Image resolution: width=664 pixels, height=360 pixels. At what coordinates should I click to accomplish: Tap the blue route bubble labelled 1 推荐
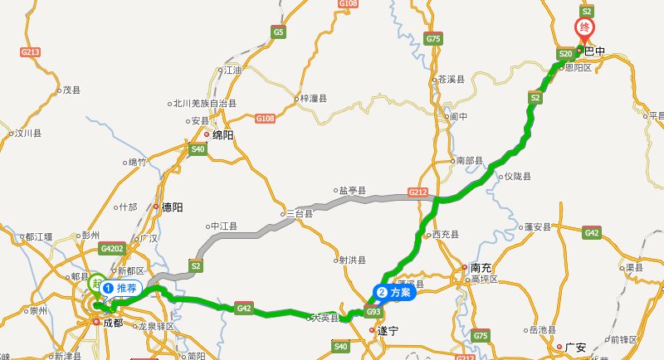coord(121,288)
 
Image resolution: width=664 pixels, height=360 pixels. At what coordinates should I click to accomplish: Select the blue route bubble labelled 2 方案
coord(395,292)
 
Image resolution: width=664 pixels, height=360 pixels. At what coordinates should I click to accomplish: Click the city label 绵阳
coord(223,134)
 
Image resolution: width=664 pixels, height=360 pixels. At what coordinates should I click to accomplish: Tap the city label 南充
coord(481,268)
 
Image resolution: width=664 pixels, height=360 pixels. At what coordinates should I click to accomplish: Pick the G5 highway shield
coord(278,32)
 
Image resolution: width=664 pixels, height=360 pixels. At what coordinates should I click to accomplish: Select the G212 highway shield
coord(418,192)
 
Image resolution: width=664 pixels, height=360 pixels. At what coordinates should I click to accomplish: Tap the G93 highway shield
coord(373,312)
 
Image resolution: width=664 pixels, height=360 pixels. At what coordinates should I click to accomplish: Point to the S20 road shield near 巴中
coord(566,53)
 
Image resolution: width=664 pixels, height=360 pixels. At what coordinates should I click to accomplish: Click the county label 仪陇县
coord(517,177)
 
